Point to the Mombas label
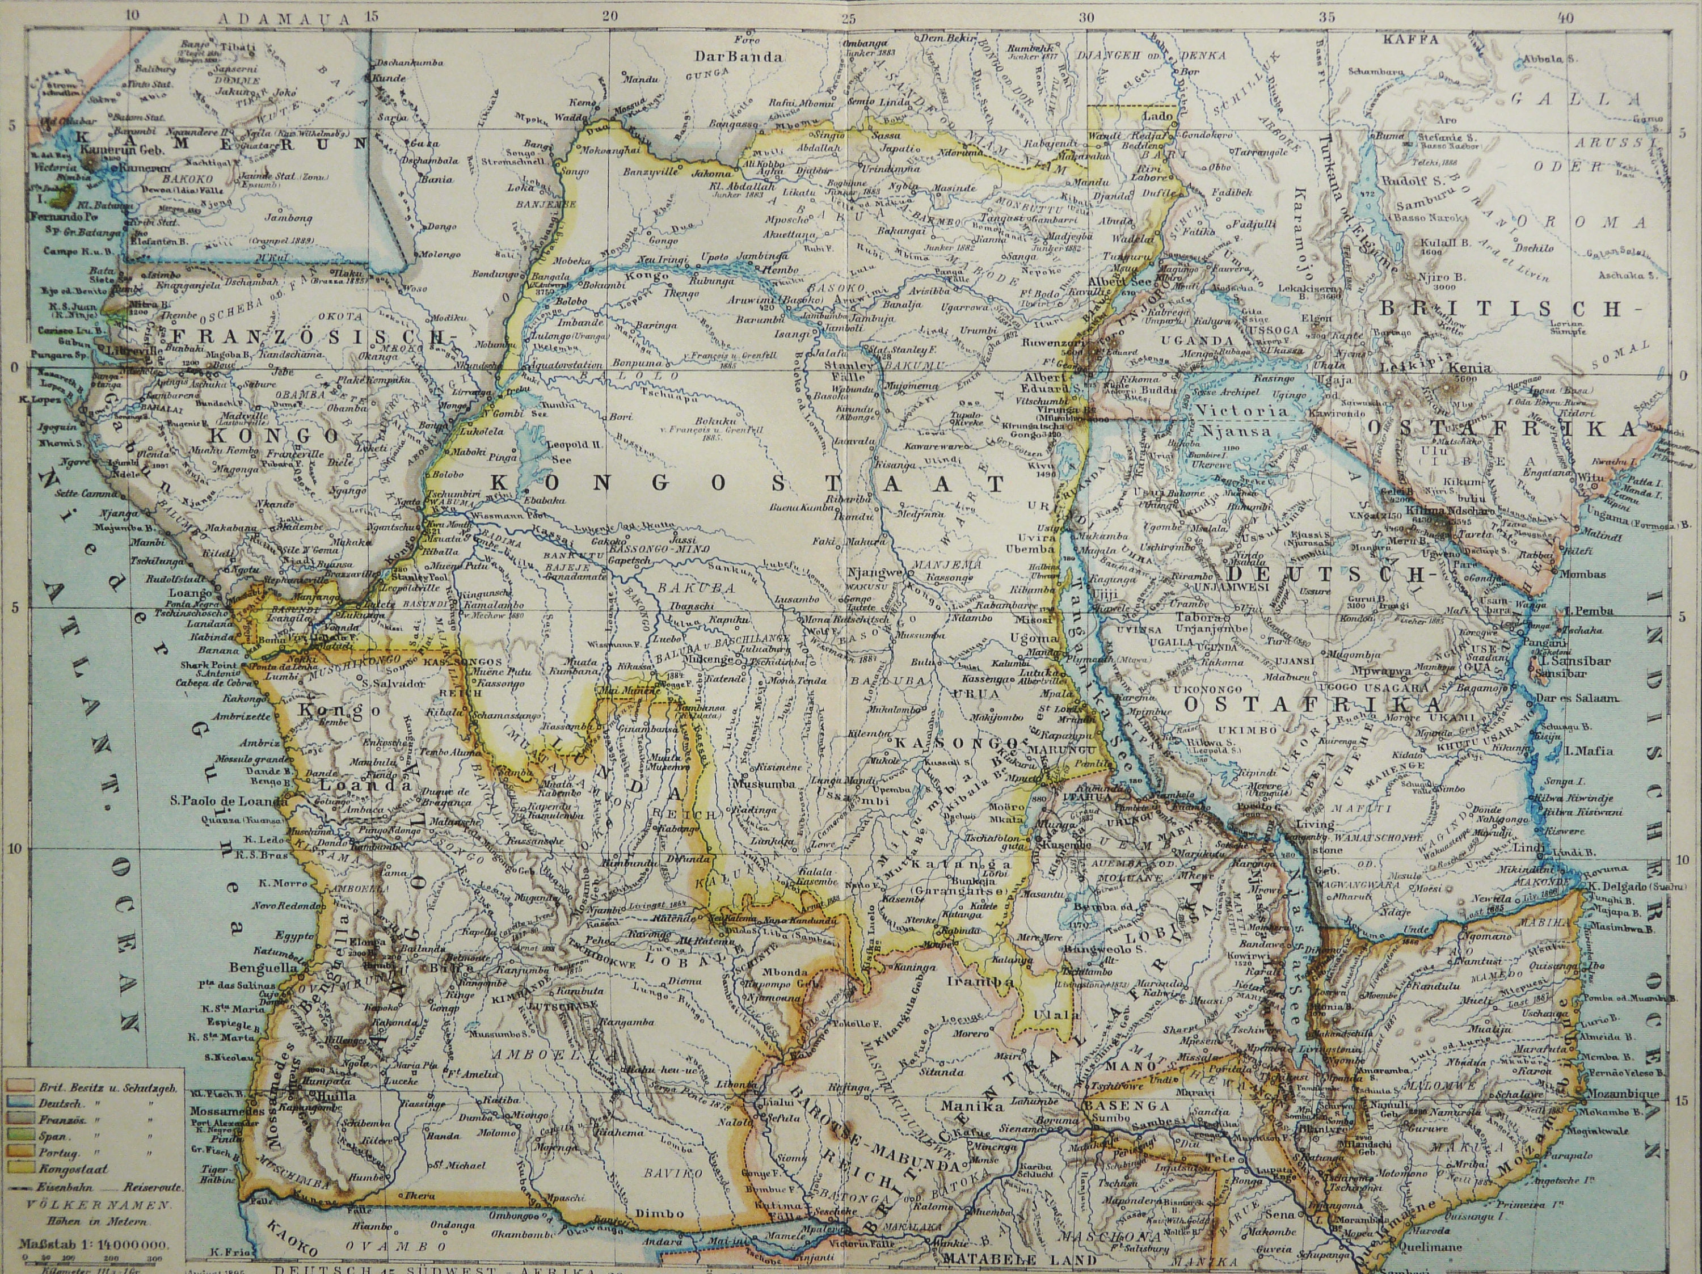1583,574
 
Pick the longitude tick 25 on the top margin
848,17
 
